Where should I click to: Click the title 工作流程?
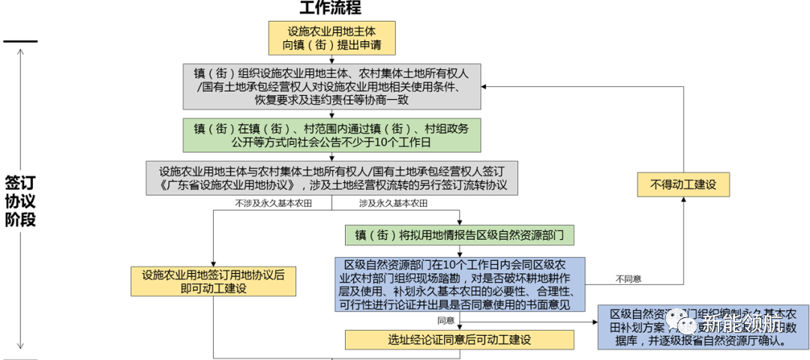point(331,8)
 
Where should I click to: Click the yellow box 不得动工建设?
point(682,184)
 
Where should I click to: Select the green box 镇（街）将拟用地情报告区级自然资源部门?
point(459,235)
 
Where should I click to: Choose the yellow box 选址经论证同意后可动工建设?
point(459,340)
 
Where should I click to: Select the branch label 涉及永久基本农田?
point(393,203)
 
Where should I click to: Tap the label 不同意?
point(628,279)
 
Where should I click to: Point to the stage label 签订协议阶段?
point(21,201)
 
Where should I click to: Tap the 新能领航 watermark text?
point(742,323)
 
